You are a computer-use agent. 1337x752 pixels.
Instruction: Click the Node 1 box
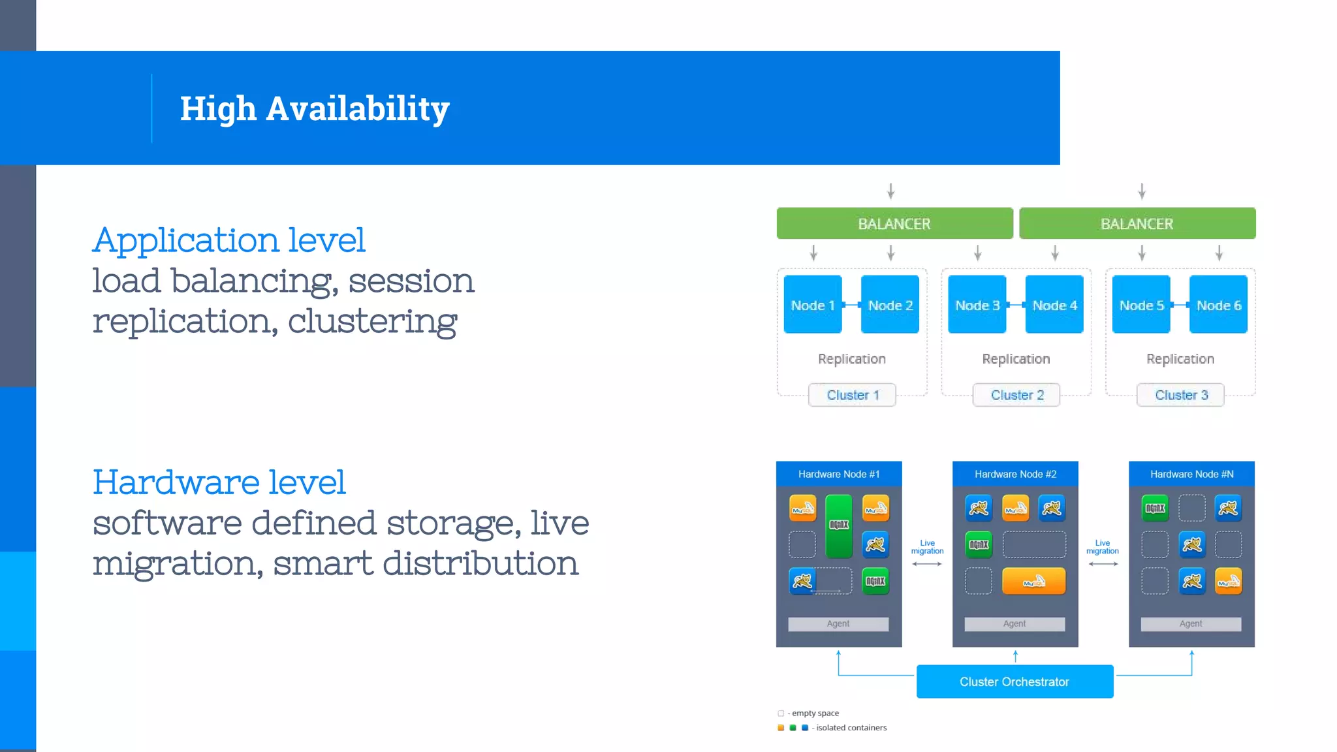coord(812,305)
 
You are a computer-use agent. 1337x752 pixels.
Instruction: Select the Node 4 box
coord(1054,305)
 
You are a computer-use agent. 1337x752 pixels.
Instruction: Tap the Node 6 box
coord(1218,305)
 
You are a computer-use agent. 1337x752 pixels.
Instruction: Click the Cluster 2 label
coord(1016,395)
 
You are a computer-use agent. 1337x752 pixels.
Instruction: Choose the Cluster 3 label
coord(1180,395)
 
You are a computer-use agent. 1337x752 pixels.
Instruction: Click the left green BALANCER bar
coord(894,224)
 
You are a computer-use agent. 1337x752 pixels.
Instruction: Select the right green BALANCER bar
coord(1137,224)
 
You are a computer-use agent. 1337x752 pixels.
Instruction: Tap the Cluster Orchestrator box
coord(1015,681)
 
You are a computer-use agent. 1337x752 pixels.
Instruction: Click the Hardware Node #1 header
coord(839,474)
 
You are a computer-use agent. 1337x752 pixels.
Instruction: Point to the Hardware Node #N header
coord(1191,474)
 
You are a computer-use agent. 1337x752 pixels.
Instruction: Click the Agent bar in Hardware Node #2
coord(1015,624)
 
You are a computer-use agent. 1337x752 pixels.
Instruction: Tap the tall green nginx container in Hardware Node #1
coord(839,526)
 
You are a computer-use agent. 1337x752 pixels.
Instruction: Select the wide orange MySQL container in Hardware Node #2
coord(1034,581)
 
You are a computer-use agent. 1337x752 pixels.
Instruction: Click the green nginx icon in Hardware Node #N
coord(1155,509)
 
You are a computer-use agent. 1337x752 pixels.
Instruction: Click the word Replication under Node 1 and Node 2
coord(852,359)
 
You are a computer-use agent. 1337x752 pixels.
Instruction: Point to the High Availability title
coord(315,108)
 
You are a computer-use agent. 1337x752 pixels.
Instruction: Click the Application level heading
coord(228,240)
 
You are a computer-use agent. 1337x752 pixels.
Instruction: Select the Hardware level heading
coord(219,482)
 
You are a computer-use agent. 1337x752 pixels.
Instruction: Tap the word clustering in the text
coord(372,321)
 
